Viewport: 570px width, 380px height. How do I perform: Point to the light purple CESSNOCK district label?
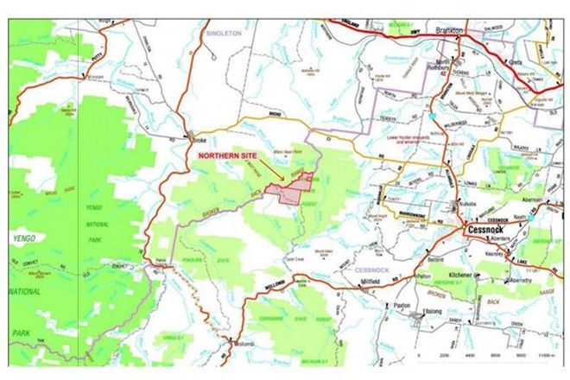tap(371, 270)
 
